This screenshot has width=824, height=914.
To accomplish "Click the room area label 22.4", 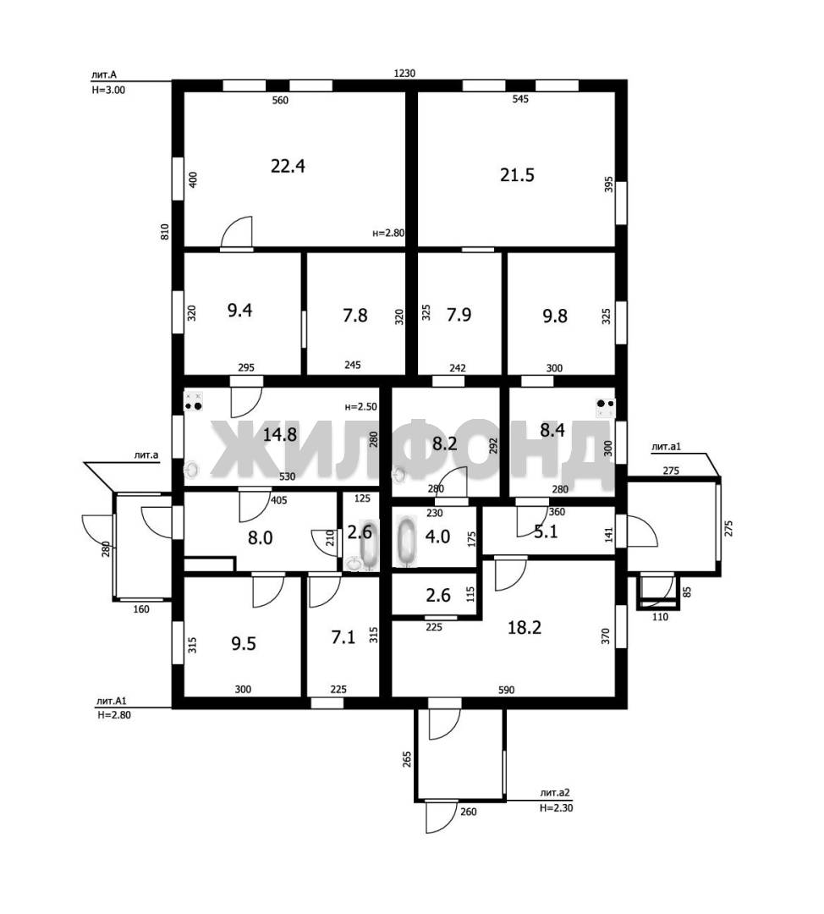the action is point(288,167).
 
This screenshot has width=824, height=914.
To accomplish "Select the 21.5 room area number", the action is point(517,175).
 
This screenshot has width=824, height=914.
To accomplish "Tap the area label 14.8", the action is point(280,434).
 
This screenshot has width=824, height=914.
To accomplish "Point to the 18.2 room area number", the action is point(525,627).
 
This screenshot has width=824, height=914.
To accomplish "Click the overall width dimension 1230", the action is point(404,74).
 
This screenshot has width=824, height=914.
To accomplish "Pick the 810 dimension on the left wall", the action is point(165,232).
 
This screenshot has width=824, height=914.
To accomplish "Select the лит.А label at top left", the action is point(104,74).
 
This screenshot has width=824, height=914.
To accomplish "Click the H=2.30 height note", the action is point(556,808).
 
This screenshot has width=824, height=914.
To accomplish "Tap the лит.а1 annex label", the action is point(666,447).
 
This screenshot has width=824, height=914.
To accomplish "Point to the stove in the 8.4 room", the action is point(606,407).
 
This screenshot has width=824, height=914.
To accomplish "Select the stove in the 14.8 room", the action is point(194,400).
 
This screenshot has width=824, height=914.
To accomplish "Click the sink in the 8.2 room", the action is point(399,475).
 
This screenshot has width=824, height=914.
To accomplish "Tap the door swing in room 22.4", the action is point(237,232).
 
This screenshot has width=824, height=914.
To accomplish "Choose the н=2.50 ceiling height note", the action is point(360,407).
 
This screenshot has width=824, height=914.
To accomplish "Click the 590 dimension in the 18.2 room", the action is point(507,691).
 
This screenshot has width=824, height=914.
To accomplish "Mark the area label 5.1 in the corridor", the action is point(546,531).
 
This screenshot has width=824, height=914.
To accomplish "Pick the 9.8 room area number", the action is point(555,316).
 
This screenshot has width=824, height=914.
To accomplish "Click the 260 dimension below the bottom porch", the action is point(468,812).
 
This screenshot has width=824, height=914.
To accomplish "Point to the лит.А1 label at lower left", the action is point(112,702).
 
